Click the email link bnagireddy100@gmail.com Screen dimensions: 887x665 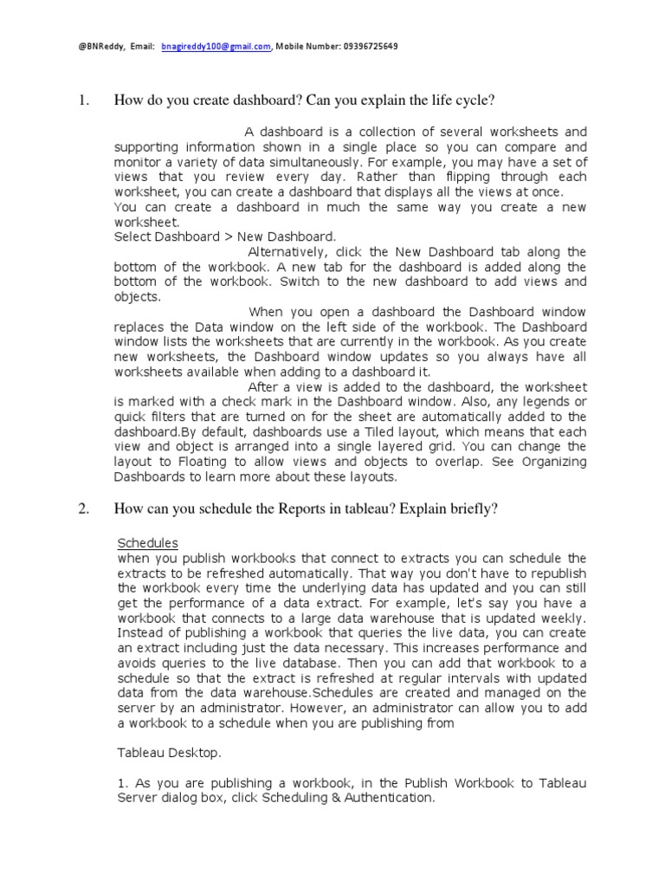coord(216,46)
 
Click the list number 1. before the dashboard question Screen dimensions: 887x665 coord(84,101)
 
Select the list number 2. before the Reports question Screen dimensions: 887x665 coord(84,509)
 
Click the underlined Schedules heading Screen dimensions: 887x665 coord(147,543)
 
